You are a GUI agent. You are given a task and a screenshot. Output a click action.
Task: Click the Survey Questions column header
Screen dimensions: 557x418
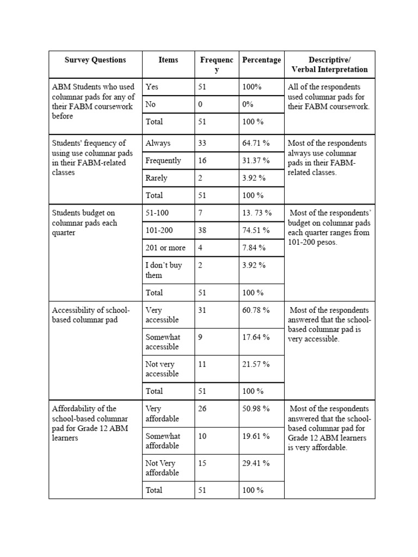tap(95, 60)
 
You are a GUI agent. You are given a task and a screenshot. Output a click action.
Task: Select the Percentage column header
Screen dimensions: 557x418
tap(261, 60)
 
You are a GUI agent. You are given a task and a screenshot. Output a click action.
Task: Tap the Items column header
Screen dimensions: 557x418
tap(168, 60)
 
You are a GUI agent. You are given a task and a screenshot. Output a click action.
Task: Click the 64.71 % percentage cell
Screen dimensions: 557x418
tap(256, 144)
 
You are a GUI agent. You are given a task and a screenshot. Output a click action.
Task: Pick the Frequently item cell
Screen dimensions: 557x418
tap(163, 161)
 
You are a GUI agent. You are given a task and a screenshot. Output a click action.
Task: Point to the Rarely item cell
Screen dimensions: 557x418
tap(157, 178)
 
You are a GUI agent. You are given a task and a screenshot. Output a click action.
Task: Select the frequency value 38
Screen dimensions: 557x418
tap(202, 231)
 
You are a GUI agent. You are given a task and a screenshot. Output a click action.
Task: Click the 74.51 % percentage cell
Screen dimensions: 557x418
tap(256, 231)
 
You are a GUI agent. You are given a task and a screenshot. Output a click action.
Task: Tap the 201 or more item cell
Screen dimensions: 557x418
tap(165, 248)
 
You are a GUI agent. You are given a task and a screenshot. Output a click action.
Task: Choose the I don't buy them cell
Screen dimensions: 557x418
tap(164, 270)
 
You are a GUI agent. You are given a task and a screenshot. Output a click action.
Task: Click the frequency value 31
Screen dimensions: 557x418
tap(202, 311)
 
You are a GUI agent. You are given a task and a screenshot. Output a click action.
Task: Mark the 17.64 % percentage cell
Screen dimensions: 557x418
tap(256, 338)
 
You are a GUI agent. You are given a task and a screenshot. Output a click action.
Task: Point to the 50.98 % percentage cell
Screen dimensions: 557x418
tap(256, 409)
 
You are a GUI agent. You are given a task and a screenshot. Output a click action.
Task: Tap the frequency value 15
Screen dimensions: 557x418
tap(202, 464)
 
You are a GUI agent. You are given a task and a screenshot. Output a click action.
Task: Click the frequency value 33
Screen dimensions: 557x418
tap(202, 144)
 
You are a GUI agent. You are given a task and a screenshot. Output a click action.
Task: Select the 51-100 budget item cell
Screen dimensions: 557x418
tap(158, 213)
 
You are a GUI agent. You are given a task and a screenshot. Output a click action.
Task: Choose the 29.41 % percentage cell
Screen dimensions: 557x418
tap(256, 464)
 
